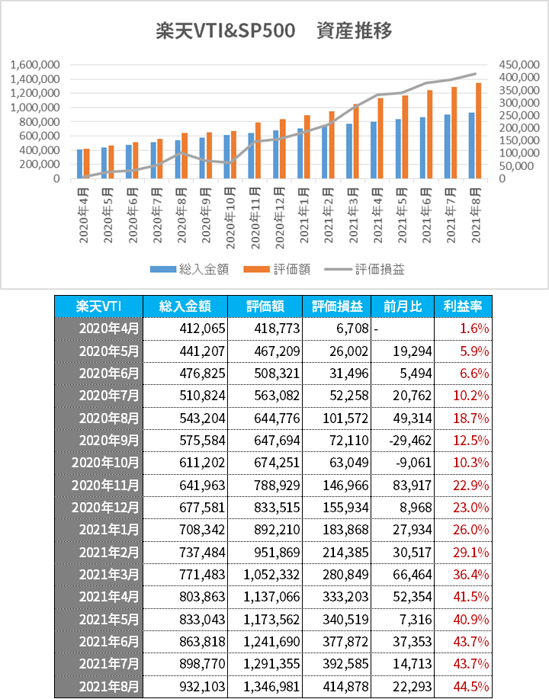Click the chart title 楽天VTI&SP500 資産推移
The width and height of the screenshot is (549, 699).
click(x=274, y=31)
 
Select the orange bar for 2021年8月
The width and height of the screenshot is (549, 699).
click(x=479, y=130)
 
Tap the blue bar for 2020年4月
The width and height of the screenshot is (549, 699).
click(x=79, y=164)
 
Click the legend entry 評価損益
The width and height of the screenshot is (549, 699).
click(x=364, y=269)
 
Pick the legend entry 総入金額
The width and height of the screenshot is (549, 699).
click(x=190, y=269)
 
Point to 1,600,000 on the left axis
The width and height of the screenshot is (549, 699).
click(x=35, y=65)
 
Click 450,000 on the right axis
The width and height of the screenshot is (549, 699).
click(x=519, y=65)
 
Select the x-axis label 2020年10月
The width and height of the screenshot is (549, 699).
click(x=230, y=218)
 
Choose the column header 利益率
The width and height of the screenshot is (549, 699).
click(x=463, y=306)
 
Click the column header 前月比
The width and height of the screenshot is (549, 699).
click(x=403, y=306)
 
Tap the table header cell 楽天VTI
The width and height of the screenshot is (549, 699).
click(x=98, y=306)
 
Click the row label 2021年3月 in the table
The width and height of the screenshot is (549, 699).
click(x=109, y=575)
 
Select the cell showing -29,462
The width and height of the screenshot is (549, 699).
click(x=410, y=441)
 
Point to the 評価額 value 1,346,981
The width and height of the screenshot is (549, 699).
click(x=271, y=687)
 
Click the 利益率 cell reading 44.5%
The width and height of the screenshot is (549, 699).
click(x=471, y=687)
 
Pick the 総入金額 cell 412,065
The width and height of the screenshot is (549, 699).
click(x=203, y=329)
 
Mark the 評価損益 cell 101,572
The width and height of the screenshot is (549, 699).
click(x=345, y=418)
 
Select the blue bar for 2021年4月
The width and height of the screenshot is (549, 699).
click(x=374, y=150)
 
